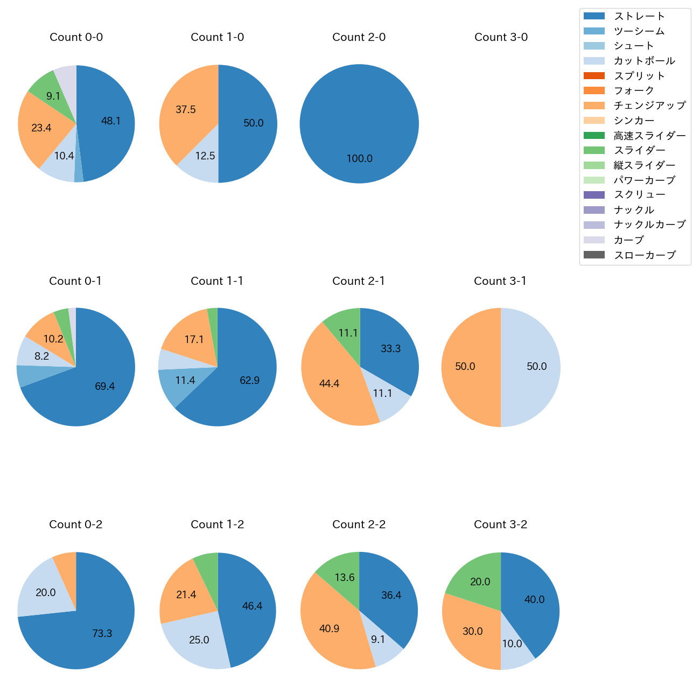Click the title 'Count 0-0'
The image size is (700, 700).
[x=76, y=37]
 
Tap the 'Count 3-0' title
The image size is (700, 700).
[x=501, y=37]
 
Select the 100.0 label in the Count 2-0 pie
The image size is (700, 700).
[x=359, y=159]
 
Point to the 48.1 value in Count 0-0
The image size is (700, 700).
[x=111, y=121]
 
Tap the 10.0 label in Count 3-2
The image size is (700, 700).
[x=512, y=644]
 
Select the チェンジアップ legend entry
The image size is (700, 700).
[x=649, y=106]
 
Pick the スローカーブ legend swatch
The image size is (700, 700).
[x=594, y=255]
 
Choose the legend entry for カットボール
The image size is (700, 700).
[x=644, y=61]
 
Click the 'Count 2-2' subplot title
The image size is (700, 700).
[x=359, y=524]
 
